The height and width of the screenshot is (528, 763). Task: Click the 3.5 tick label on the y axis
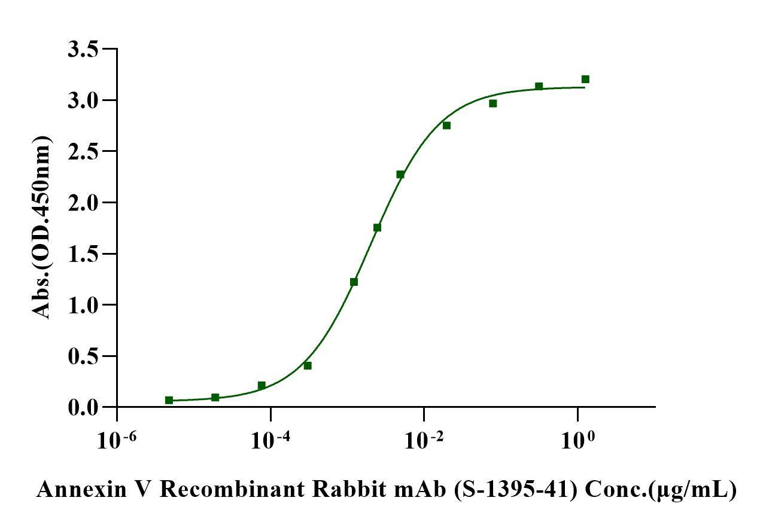(x=83, y=49)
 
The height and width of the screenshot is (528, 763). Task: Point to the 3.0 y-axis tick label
(x=83, y=100)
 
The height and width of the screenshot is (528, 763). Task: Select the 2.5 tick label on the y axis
(x=83, y=151)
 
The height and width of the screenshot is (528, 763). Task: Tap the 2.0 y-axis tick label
(x=83, y=203)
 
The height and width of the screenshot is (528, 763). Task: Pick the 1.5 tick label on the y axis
(x=83, y=254)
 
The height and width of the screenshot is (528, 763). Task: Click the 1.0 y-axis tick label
(x=83, y=305)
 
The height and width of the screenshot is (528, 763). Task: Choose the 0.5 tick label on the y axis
(x=83, y=356)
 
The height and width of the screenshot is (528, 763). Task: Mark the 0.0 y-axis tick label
(x=83, y=407)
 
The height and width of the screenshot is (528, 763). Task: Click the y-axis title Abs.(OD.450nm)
(x=41, y=227)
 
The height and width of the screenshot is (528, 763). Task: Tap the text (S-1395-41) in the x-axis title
(x=516, y=490)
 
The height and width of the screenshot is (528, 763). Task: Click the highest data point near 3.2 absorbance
(x=585, y=79)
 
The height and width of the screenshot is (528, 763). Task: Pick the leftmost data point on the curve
(x=169, y=400)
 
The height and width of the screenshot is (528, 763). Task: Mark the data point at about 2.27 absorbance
(x=400, y=175)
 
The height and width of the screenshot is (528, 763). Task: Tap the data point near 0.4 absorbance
(x=308, y=365)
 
